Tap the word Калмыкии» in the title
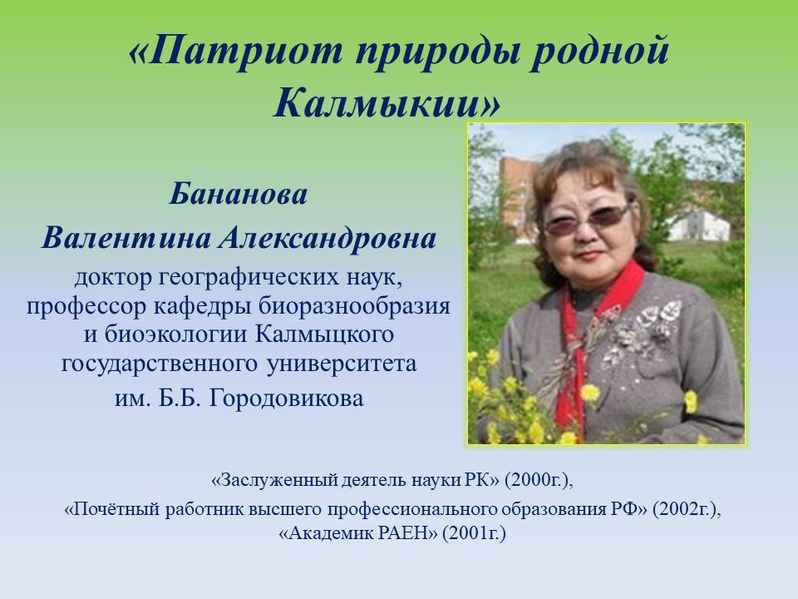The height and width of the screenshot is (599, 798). click(387, 103)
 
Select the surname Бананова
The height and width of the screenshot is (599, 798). click(239, 194)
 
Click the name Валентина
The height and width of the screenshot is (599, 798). click(126, 238)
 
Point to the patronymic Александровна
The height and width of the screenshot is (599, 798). click(328, 238)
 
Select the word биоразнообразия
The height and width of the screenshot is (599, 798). click(354, 307)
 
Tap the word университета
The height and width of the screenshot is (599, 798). click(342, 364)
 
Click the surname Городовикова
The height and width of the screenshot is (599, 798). click(286, 398)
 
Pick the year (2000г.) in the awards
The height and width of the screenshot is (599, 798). click(539, 480)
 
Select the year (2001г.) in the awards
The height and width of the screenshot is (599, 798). click(474, 533)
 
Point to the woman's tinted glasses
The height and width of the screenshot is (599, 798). click(588, 220)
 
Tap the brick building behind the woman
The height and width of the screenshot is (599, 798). click(516, 198)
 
